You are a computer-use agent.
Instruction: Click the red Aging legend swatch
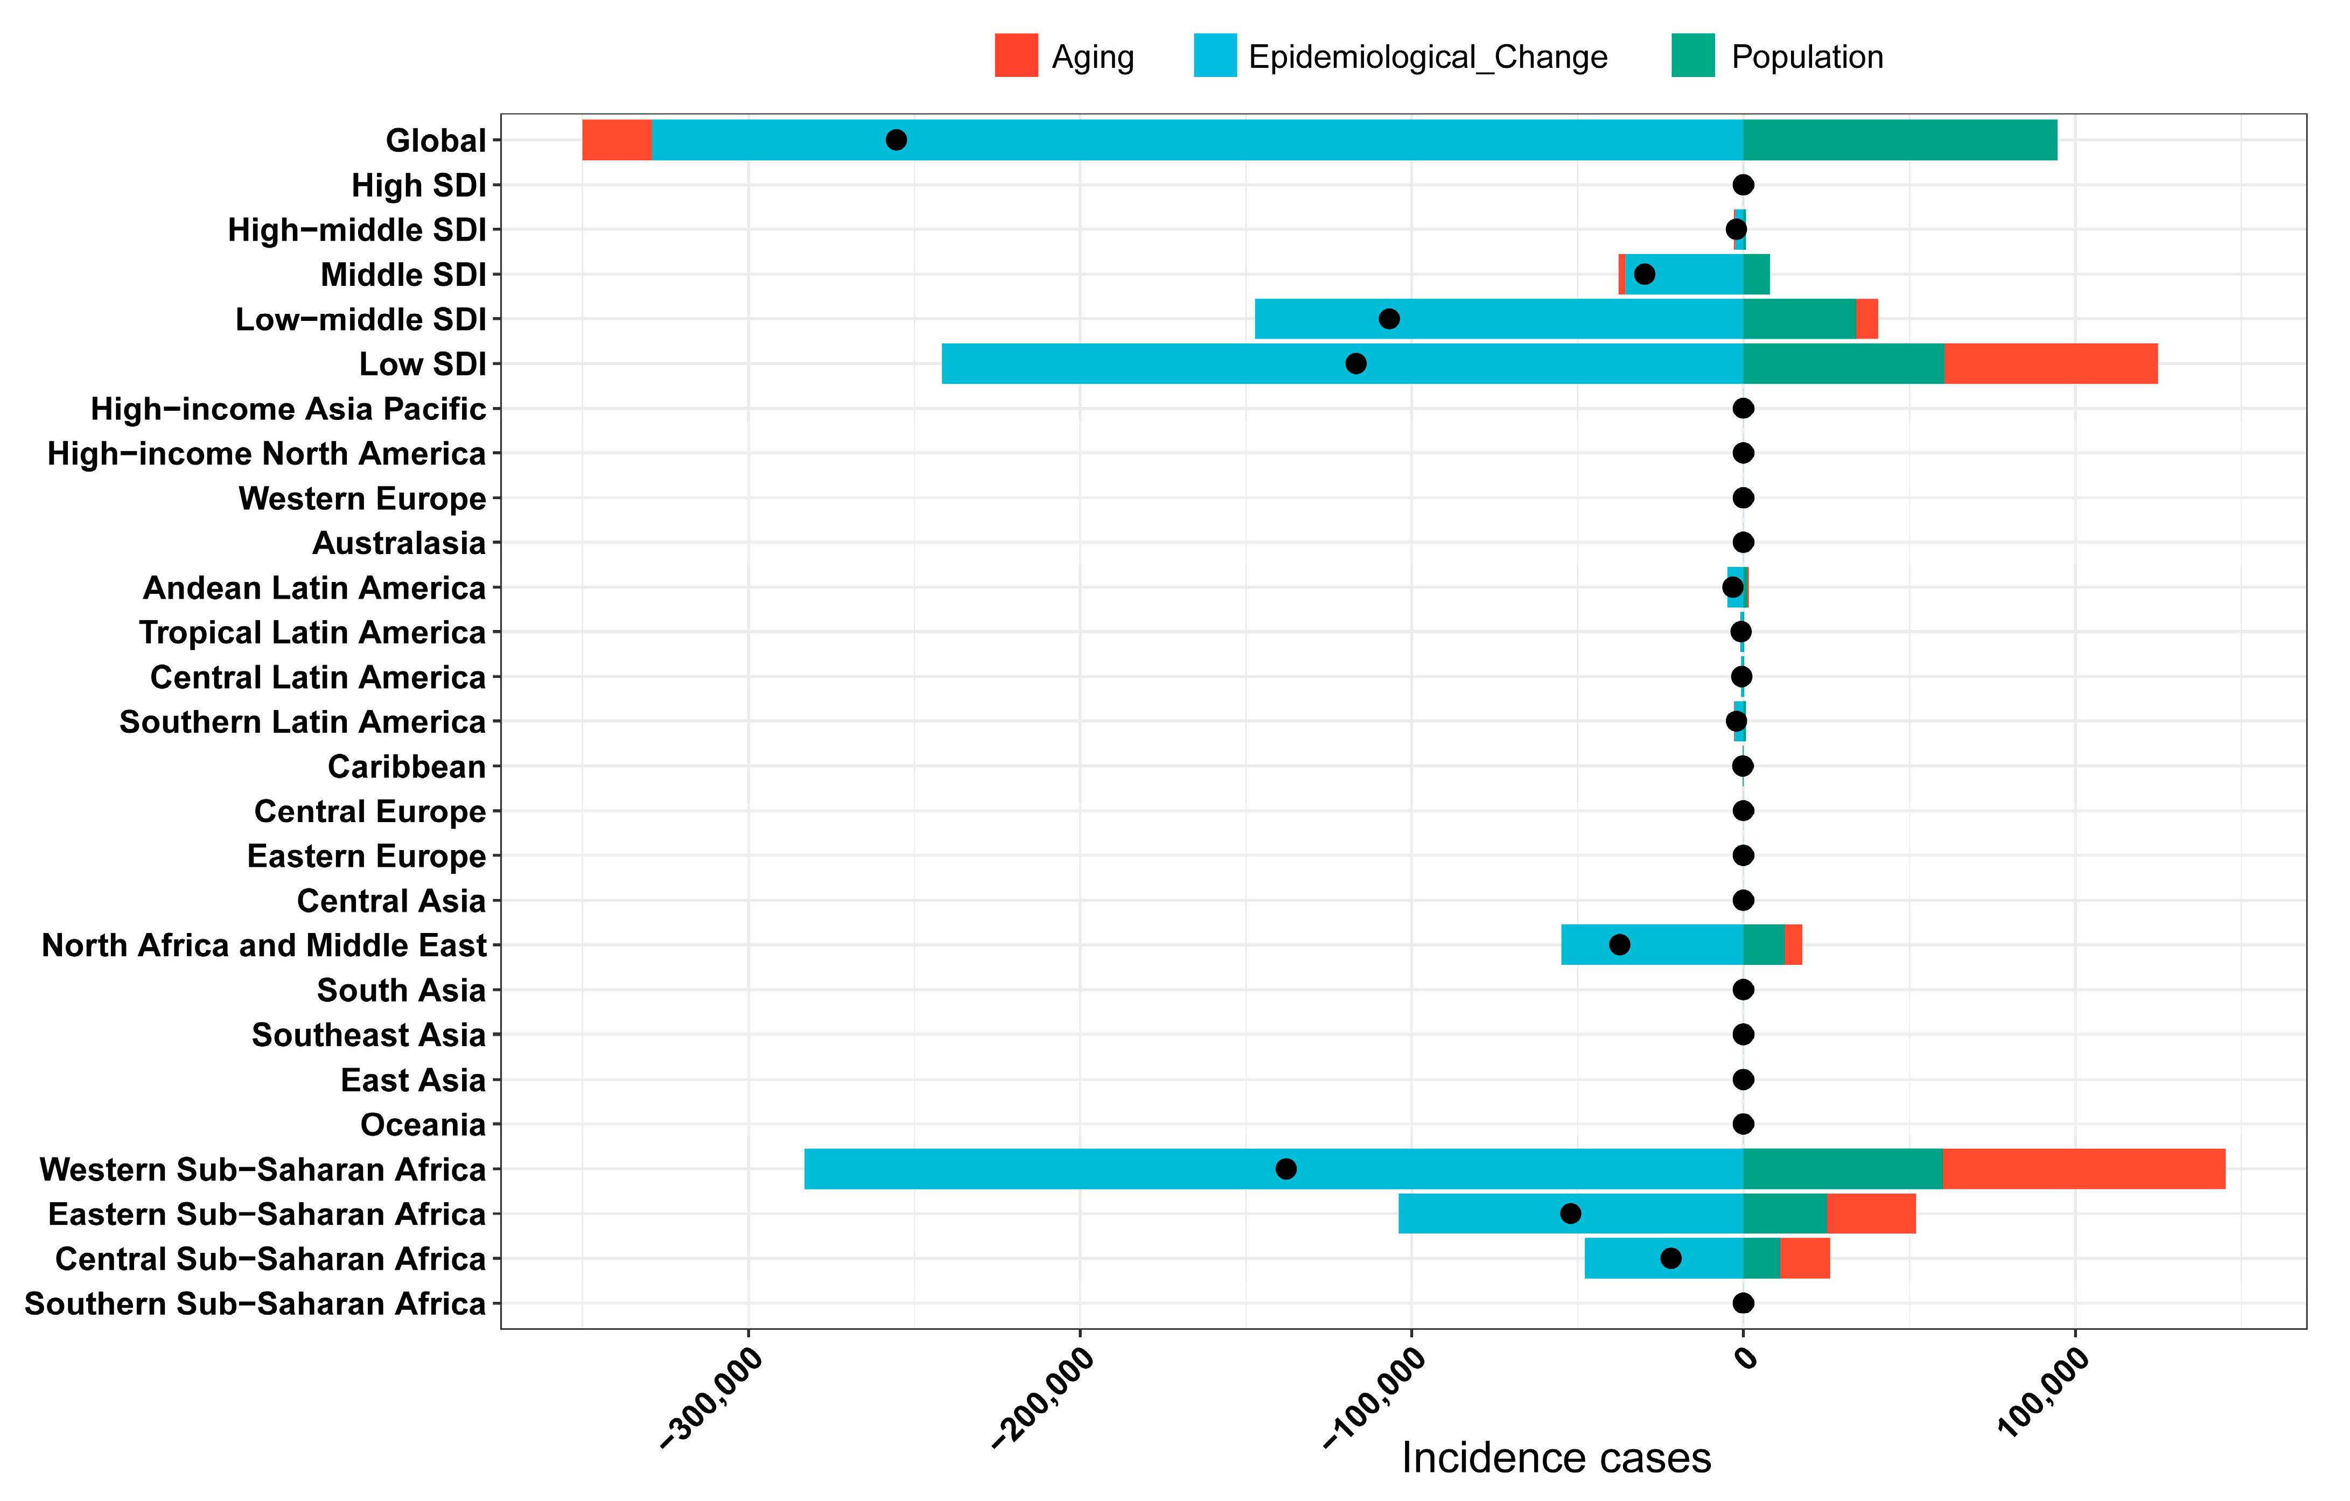pyautogui.click(x=1016, y=55)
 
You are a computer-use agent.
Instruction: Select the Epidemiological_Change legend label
pyautogui.click(x=1427, y=57)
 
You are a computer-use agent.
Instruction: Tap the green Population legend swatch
pyautogui.click(x=1693, y=55)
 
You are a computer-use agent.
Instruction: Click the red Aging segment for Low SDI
pyautogui.click(x=2051, y=363)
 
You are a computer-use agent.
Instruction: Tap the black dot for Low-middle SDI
pyautogui.click(x=1389, y=319)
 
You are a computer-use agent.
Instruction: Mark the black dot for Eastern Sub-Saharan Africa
pyautogui.click(x=1570, y=1213)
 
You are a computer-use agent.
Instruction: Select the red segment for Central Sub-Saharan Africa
pyautogui.click(x=1805, y=1258)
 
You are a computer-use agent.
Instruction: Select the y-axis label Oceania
pyautogui.click(x=423, y=1124)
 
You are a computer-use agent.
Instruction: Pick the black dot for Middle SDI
pyautogui.click(x=1645, y=274)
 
